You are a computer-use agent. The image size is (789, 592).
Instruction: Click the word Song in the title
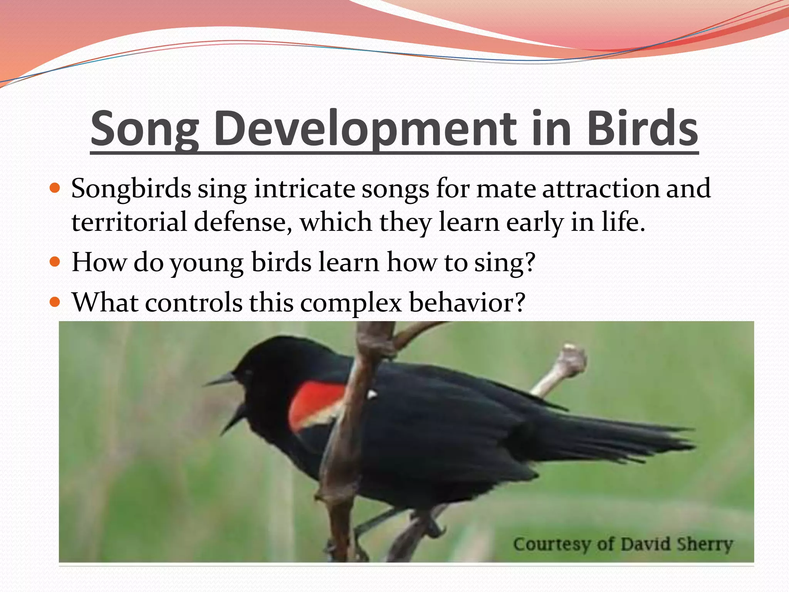pos(144,129)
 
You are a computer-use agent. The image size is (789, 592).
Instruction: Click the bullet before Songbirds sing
pos(55,188)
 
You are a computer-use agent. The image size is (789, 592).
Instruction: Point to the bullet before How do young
pos(55,262)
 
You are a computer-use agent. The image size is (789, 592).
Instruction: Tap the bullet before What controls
pos(55,302)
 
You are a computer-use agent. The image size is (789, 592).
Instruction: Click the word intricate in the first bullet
pos(304,188)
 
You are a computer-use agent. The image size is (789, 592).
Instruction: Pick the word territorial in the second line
pos(129,222)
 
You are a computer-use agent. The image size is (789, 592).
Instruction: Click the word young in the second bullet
pos(207,263)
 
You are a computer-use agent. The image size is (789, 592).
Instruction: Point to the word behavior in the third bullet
pos(466,302)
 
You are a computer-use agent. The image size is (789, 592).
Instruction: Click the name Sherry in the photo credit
pos(705,544)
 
